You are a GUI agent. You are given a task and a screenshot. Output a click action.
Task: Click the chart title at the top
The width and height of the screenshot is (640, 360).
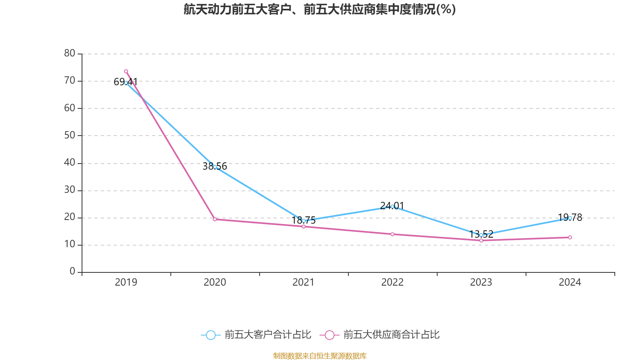point(320,9)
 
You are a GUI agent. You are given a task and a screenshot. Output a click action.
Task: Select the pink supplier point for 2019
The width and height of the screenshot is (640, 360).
point(126,71)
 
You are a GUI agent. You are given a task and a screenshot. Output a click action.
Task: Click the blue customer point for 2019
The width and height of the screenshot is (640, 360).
point(126,83)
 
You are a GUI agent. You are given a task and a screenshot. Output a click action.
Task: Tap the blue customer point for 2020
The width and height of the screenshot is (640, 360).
point(215,167)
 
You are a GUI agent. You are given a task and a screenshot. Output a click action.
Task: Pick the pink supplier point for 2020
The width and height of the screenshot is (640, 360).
point(215,219)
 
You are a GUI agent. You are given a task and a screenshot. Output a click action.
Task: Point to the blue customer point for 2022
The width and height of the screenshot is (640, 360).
point(392,206)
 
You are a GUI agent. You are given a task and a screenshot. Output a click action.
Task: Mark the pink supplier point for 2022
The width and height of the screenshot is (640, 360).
point(392,234)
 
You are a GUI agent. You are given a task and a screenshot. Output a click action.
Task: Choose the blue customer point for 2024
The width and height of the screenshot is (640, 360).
point(570,218)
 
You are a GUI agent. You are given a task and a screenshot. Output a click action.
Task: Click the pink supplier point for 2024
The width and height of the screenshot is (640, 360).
point(570,237)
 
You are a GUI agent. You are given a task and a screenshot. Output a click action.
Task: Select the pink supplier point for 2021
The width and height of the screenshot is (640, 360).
point(304,226)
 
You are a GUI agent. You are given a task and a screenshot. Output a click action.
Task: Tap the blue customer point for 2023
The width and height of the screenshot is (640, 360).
point(481,235)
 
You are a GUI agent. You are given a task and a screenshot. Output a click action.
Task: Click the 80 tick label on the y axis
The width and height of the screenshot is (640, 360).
point(70,53)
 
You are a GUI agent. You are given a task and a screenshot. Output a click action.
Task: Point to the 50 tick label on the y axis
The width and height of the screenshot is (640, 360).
point(70,135)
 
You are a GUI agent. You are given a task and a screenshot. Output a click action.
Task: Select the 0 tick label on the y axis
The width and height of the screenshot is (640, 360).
point(72,272)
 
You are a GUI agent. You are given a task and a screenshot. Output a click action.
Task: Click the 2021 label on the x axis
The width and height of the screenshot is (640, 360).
point(304,282)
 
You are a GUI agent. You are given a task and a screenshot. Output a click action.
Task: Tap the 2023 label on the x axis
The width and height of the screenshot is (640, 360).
point(481,282)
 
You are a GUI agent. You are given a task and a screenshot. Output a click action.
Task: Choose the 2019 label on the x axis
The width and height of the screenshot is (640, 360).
point(126,282)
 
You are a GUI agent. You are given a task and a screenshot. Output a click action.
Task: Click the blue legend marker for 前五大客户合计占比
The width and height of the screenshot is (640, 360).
point(210,335)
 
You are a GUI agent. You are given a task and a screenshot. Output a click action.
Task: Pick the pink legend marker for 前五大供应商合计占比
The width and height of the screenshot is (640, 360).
point(330,335)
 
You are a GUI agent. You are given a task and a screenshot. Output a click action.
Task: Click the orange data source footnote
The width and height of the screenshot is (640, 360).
point(320,356)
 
